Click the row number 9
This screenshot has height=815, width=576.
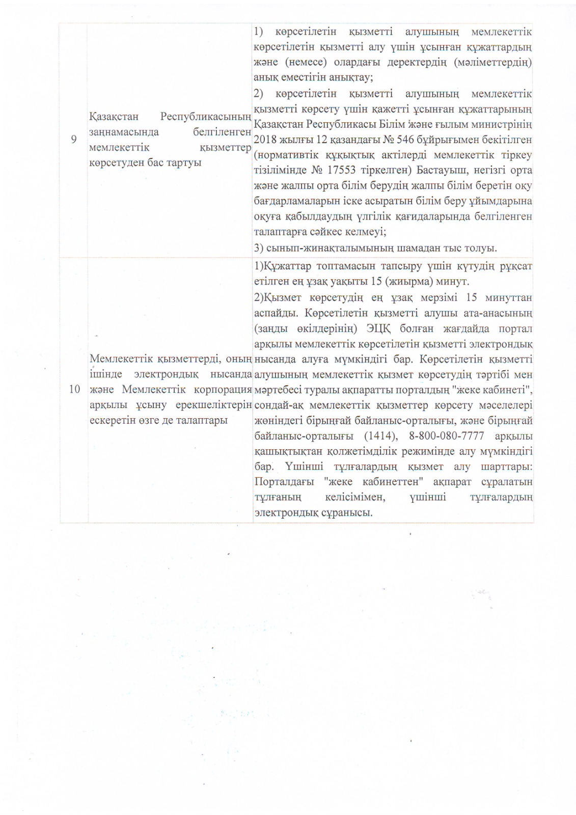click(x=74, y=139)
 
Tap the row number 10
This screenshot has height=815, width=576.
click(x=74, y=389)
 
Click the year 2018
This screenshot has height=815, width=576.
click(x=265, y=140)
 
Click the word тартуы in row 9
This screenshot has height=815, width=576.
click(x=184, y=162)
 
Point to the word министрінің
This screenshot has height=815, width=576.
click(x=502, y=124)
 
